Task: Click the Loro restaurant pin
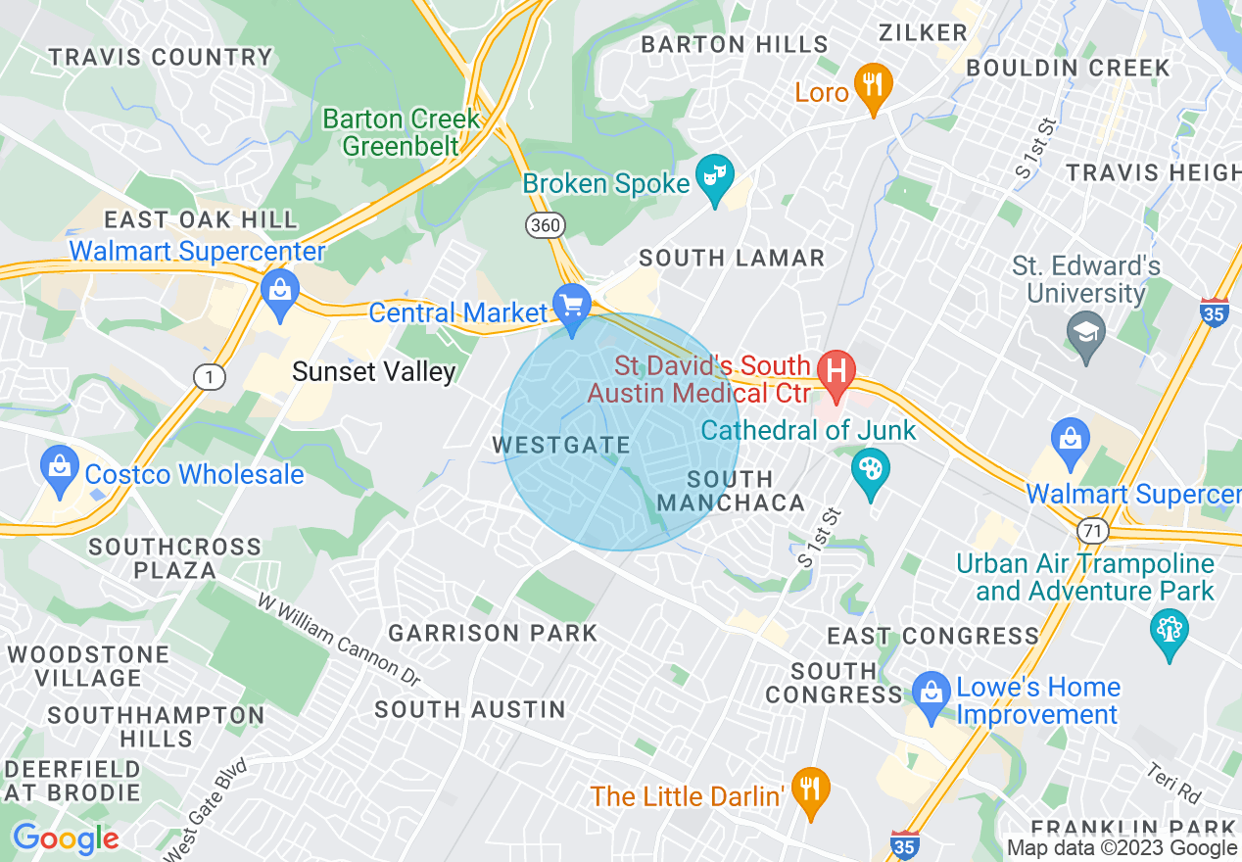pyautogui.click(x=871, y=85)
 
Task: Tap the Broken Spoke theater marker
pyautogui.click(x=715, y=176)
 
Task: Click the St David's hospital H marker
pyautogui.click(x=836, y=373)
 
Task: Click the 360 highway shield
pyautogui.click(x=545, y=225)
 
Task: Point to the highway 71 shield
pyautogui.click(x=1092, y=530)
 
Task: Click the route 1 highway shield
pyautogui.click(x=207, y=376)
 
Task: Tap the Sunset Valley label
pyautogui.click(x=374, y=371)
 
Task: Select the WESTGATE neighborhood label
pyautogui.click(x=560, y=445)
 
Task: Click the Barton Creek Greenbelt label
pyautogui.click(x=401, y=132)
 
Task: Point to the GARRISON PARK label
pyautogui.click(x=493, y=633)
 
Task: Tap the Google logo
pyautogui.click(x=66, y=838)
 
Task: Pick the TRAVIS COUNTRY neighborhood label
pyautogui.click(x=161, y=57)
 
